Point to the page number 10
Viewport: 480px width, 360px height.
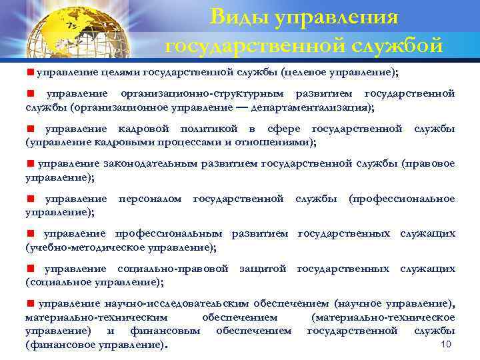[447, 344]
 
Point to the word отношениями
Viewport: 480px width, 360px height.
[278, 141]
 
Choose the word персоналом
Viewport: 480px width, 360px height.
[150, 199]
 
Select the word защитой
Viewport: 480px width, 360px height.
[263, 269]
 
